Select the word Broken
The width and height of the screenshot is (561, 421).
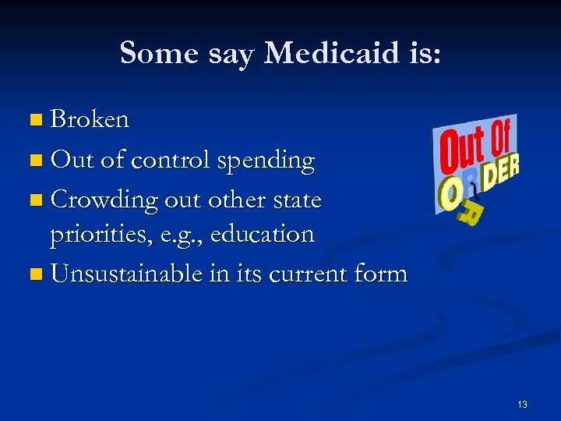[90, 120]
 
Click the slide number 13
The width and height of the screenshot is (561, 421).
[521, 404]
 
